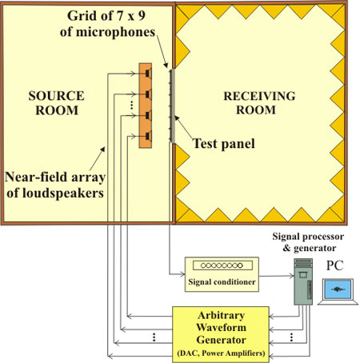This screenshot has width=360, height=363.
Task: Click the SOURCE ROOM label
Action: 56,103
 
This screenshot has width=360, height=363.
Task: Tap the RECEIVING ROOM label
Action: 259,103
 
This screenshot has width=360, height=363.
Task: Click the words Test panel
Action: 223,143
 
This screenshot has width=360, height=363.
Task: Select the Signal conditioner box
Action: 222,274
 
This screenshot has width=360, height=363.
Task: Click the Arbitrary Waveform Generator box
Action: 221,334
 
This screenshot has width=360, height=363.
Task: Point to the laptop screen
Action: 338,289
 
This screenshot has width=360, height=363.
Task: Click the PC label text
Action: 335,265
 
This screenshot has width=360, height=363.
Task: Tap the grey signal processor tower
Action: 303,281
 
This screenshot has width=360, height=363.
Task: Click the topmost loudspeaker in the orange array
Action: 149,74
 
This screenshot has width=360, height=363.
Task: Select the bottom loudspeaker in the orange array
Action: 149,136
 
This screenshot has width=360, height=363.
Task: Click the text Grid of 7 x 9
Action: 106,15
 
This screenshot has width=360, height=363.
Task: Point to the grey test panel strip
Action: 173,106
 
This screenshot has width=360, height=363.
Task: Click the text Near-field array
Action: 55,177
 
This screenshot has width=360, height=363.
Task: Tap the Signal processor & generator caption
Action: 308,242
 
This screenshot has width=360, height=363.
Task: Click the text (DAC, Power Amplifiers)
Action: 221,353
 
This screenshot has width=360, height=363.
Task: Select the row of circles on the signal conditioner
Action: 222,265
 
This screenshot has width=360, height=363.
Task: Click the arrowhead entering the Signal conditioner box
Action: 182,274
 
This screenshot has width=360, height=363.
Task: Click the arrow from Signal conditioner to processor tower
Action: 277,276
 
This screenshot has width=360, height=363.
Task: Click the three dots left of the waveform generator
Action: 154,337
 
